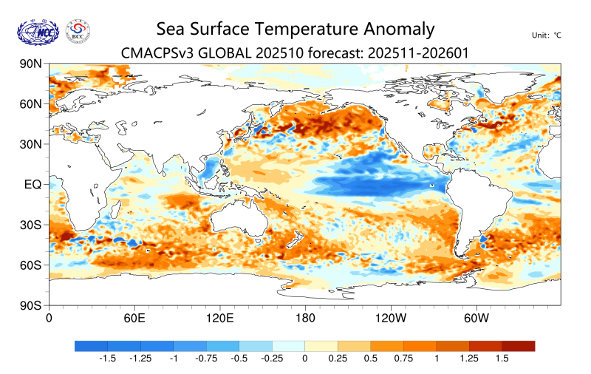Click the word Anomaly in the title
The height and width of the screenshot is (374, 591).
coord(399,30)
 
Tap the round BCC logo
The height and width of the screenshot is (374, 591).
coord(78,30)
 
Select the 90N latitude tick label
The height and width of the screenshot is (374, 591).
coord(30,64)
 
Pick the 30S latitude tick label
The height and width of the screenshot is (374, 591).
coord(30,224)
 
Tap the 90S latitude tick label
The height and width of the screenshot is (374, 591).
coord(30,305)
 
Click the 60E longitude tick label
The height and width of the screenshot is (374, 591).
coord(134,319)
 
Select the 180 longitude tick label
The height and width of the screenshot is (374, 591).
coord(304,319)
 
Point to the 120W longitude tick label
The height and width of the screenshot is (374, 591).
coord(390,319)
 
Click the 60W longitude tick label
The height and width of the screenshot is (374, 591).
coord(476,319)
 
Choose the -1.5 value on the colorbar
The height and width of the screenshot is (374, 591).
coord(108,358)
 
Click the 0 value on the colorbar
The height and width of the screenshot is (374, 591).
coord(304,358)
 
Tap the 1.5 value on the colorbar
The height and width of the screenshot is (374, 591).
coord(502,358)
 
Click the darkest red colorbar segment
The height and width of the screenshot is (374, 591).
coord(518,345)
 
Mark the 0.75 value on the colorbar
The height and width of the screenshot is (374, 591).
coord(403,358)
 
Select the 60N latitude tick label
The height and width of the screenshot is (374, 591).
coord(30,104)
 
